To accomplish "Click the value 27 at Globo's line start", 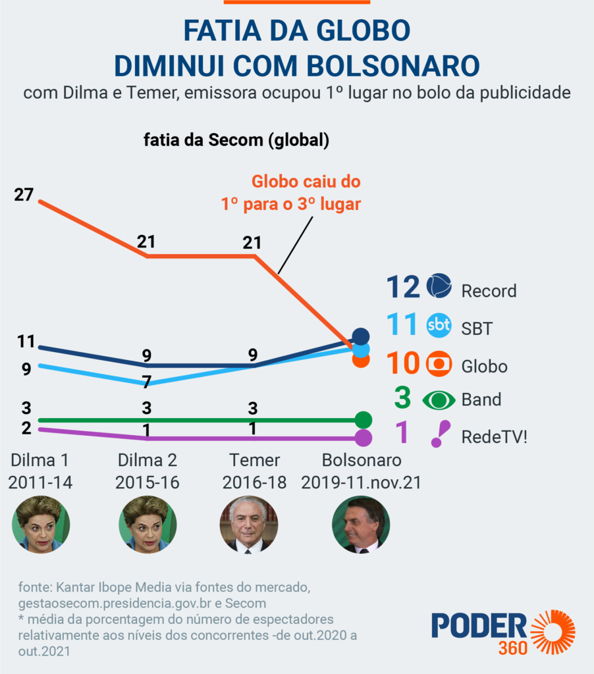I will click(x=24, y=195).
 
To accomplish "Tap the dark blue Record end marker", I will click(x=360, y=336).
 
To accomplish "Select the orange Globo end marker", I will click(x=360, y=360).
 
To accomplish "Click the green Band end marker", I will click(x=363, y=420).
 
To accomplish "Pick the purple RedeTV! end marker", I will click(x=363, y=438).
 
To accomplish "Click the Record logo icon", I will click(x=439, y=286).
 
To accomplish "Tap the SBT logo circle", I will click(x=439, y=325).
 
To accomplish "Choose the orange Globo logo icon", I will click(x=439, y=364).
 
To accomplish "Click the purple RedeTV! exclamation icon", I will click(x=440, y=434).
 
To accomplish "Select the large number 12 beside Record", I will click(x=402, y=287).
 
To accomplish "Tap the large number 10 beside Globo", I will click(x=402, y=364).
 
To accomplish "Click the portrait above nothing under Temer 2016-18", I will click(x=248, y=525).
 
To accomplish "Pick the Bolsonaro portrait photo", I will click(x=360, y=525).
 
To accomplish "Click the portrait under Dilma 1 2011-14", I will click(x=41, y=525).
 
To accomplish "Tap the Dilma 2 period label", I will click(x=147, y=471).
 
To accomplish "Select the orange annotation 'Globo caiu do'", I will click(x=306, y=182).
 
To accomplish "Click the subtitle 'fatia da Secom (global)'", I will click(x=236, y=140).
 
